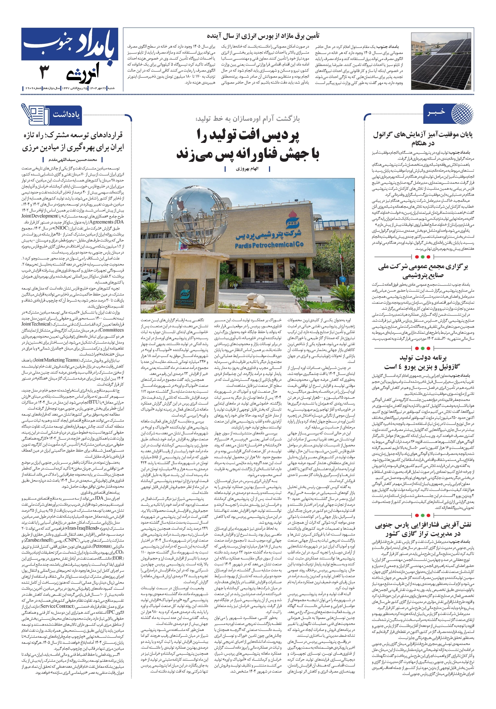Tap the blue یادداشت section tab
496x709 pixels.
[x=66, y=115]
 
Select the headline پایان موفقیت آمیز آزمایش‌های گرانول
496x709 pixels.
[x=423, y=139]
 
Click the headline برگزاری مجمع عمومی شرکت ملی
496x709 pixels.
[x=423, y=271]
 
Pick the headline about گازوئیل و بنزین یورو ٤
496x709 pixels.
[x=423, y=362]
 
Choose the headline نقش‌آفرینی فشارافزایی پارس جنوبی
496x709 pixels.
[x=423, y=529]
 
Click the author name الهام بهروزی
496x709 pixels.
[x=247, y=169]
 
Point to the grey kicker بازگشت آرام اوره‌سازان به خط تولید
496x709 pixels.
[x=247, y=119]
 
